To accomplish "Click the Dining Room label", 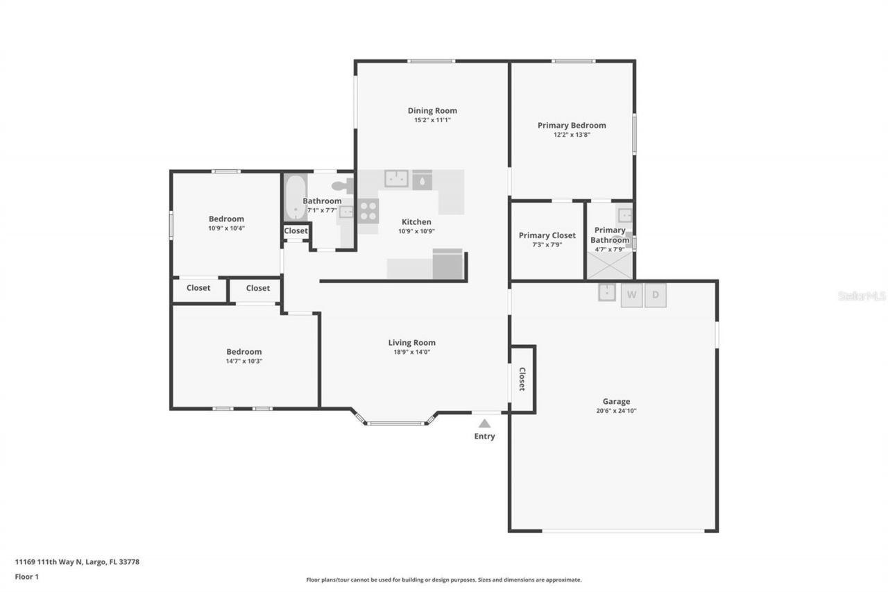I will [x=432, y=110].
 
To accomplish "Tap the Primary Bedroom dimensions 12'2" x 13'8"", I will [x=571, y=135].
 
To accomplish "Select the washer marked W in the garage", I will [x=631, y=295].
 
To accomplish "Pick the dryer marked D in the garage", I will [x=656, y=295].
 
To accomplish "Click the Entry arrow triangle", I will [x=484, y=423].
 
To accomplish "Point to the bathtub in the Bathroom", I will [x=295, y=197].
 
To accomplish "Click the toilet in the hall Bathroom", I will [x=343, y=186].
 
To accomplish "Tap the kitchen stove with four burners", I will [x=368, y=210].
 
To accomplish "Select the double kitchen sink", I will [x=396, y=179].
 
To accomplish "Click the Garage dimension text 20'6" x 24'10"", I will [x=616, y=411].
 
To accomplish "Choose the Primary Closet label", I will [x=547, y=235].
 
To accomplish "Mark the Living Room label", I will [x=411, y=342].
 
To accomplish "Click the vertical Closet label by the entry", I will [x=522, y=379].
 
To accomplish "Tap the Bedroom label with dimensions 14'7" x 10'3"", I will [x=244, y=352].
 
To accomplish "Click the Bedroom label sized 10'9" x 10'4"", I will [x=226, y=219].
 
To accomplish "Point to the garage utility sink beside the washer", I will [x=608, y=292].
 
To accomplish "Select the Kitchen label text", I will [x=416, y=222].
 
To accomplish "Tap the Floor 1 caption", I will [x=27, y=577].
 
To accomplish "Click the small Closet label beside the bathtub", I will [x=296, y=231].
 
